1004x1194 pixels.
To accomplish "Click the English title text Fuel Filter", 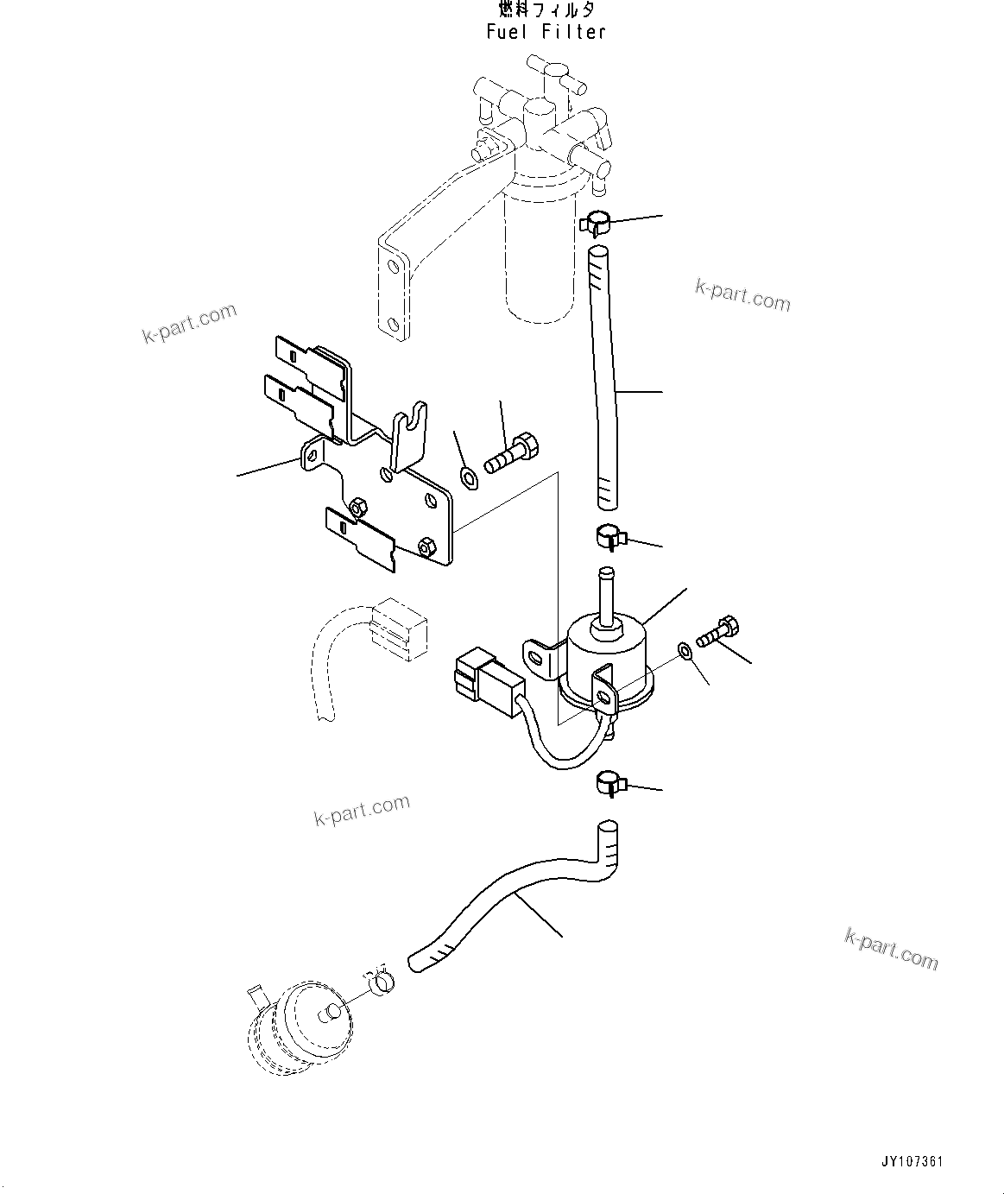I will click(x=546, y=32).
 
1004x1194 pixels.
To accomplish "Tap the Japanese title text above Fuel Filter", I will click(x=546, y=10).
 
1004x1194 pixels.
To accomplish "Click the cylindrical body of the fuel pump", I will click(x=604, y=656).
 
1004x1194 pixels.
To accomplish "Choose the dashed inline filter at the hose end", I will click(x=298, y=1027).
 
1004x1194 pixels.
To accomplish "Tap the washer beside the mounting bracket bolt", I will click(x=469, y=476).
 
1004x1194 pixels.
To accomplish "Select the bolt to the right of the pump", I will click(x=717, y=632).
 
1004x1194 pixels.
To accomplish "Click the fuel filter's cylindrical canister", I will click(x=537, y=259).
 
